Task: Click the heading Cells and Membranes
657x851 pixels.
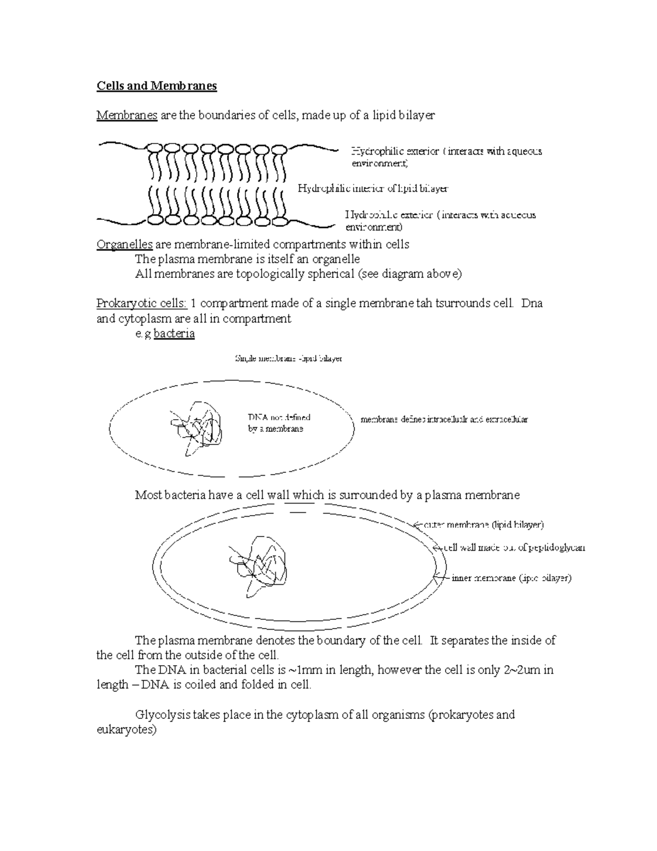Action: [x=157, y=86]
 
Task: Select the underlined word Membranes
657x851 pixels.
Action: [x=127, y=115]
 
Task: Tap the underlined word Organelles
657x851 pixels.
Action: [x=124, y=244]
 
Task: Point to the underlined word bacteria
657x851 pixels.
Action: [x=174, y=333]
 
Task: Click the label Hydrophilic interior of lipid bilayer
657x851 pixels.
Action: [x=372, y=189]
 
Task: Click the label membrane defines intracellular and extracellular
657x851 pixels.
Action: [x=444, y=420]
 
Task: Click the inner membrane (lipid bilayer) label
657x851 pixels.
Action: [x=511, y=578]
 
